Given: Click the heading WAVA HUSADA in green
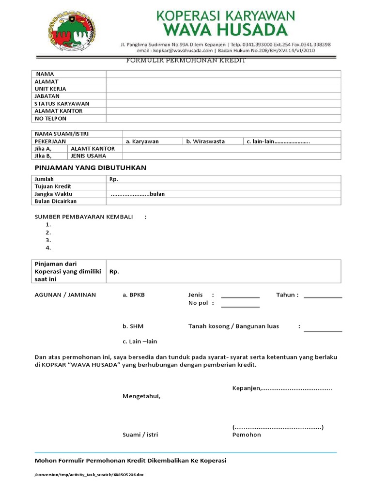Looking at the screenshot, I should (225, 31).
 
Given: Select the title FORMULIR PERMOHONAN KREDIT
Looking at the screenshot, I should (186, 61).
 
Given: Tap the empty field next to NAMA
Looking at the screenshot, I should (223, 74).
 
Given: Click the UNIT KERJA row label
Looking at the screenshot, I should (50, 89).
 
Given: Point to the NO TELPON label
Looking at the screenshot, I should (50, 119).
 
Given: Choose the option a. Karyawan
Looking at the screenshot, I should (142, 141).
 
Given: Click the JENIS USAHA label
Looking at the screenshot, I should (88, 156).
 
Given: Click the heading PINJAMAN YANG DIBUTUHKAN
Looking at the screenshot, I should (90, 168).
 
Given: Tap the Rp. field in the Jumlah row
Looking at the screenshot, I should (223, 179).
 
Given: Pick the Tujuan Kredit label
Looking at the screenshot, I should (53, 186).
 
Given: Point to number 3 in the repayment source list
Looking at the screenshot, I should (48, 240).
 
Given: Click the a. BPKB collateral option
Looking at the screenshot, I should (134, 295).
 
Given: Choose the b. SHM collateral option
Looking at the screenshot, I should (133, 326).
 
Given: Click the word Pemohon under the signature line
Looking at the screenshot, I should (247, 435).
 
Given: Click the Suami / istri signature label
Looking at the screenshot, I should (140, 435).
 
